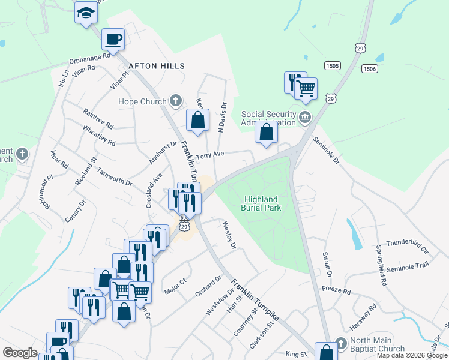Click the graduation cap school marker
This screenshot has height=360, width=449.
(x=86, y=12)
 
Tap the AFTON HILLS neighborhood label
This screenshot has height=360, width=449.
(x=155, y=65)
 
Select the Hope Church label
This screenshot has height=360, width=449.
(x=142, y=101)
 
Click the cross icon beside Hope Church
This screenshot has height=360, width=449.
(x=176, y=100)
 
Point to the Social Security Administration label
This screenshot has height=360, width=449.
(x=269, y=118)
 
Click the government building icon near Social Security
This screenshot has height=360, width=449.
(x=305, y=116)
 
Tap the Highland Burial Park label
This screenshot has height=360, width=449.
(x=261, y=203)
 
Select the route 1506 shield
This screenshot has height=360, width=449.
(x=369, y=69)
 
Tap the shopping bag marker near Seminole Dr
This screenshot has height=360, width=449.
(x=266, y=133)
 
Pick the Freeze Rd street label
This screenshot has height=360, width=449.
(x=336, y=290)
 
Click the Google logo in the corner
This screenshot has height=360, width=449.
(x=20, y=353)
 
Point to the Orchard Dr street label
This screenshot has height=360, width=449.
(x=208, y=286)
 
